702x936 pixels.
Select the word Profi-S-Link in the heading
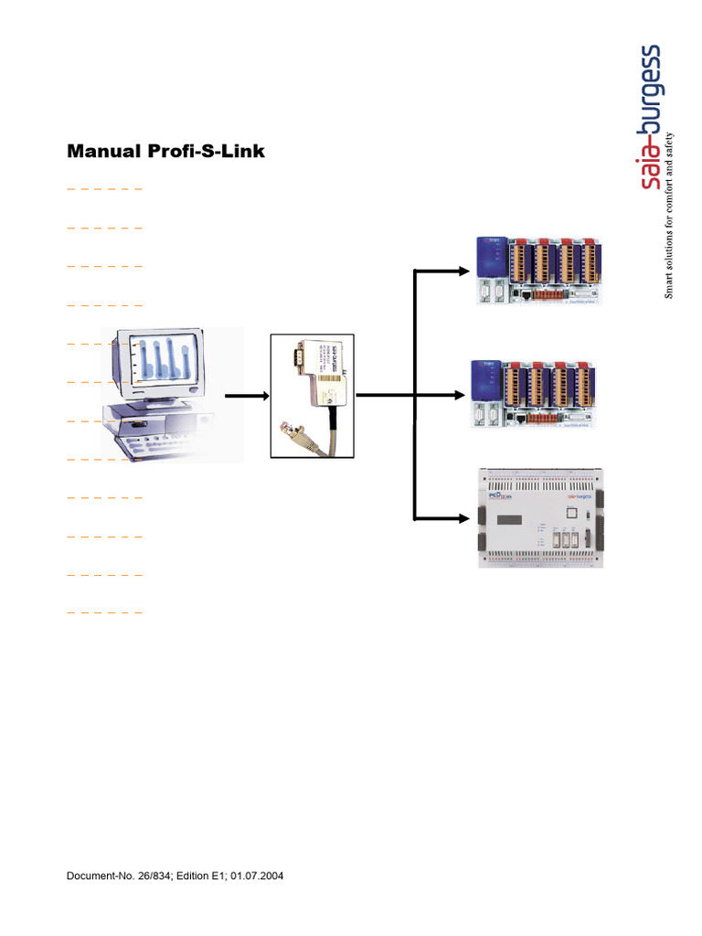[x=207, y=152]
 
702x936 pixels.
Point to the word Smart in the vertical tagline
[x=669, y=283]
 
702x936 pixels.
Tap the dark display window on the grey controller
[x=513, y=520]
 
